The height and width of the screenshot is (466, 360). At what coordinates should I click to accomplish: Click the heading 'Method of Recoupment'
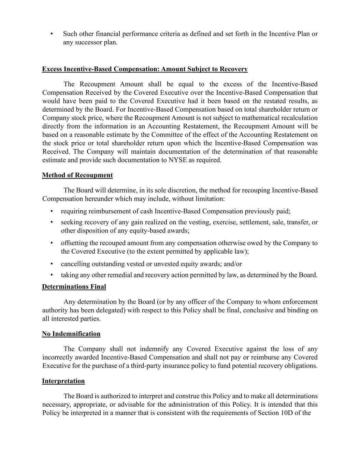77,175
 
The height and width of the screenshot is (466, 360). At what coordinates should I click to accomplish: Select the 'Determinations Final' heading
74,286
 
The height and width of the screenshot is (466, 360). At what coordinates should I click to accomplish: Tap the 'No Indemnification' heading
71,334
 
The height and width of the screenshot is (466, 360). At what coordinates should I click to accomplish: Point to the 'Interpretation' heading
63,381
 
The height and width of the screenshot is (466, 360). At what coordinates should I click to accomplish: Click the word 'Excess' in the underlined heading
52,69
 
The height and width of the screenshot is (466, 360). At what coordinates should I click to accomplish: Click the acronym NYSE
177,160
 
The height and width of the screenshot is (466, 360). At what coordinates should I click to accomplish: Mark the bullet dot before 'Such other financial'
52,34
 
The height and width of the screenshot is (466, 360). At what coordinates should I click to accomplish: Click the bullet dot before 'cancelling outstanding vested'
52,264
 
